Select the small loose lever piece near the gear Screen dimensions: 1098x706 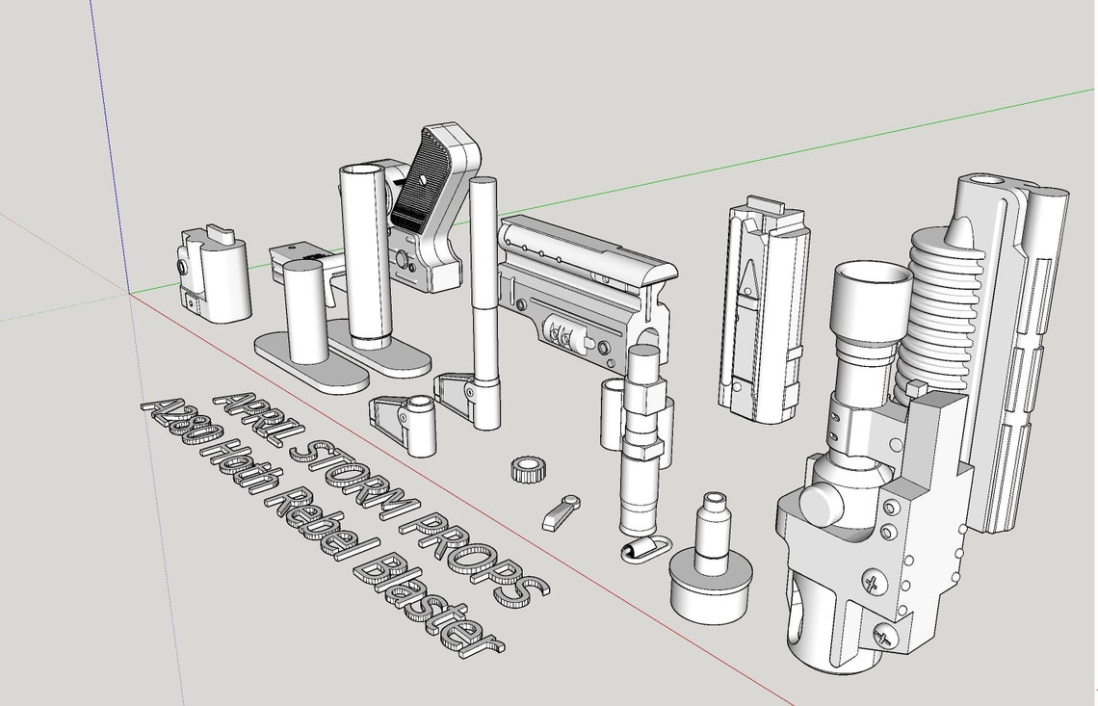coord(562,511)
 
